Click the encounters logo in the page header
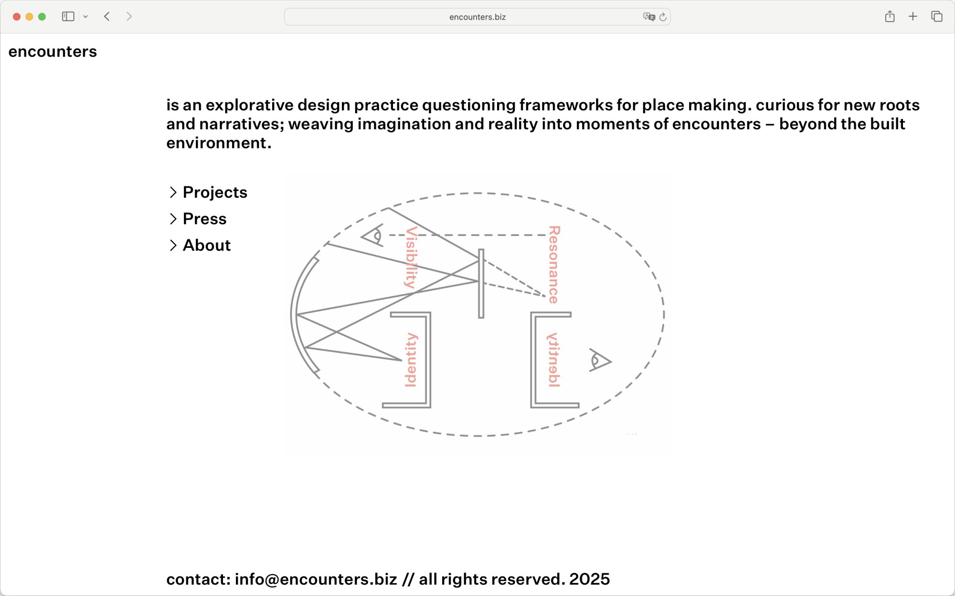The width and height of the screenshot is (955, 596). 53,52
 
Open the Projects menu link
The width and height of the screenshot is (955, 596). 215,192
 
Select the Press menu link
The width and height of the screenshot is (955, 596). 204,219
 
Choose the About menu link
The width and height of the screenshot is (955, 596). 207,245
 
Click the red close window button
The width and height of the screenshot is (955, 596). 17,17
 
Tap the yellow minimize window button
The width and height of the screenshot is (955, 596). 29,17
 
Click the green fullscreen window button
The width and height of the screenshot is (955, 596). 42,17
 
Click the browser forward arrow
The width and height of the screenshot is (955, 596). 129,17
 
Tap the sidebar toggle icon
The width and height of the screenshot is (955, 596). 68,17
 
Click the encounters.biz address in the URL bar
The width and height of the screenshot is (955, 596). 477,17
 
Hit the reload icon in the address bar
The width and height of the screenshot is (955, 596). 663,17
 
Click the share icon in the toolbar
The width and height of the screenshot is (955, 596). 890,17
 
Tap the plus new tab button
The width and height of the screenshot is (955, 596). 913,17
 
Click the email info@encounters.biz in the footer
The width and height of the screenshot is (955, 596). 316,579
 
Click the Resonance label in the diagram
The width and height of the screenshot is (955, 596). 554,265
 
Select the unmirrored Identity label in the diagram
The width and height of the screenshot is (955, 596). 411,360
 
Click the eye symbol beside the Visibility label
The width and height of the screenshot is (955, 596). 372,235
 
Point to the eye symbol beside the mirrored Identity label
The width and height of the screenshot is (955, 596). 600,361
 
